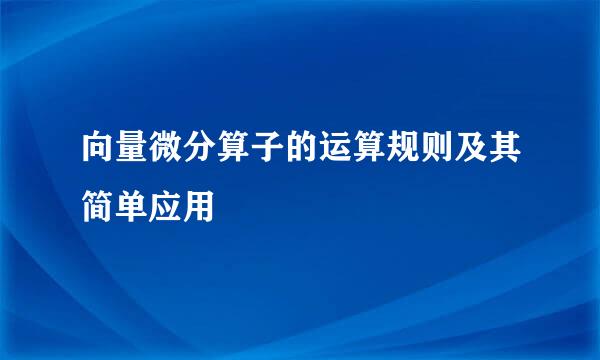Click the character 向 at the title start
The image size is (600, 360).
[x=85, y=152]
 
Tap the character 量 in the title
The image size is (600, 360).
[x=119, y=152]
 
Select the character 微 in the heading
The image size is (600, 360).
[x=153, y=152]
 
